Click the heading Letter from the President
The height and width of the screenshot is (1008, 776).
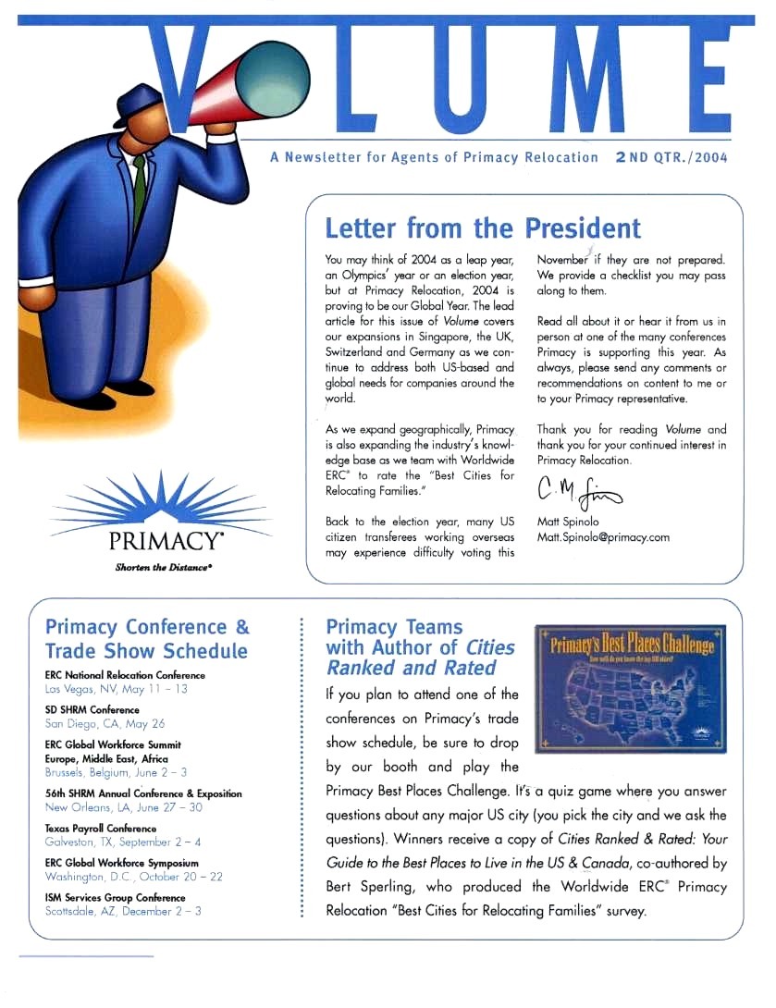coord(482,228)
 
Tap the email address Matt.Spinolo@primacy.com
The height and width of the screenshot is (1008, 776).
coord(603,536)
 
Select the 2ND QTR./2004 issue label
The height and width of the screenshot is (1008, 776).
coord(671,157)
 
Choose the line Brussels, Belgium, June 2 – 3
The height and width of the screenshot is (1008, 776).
coord(116,771)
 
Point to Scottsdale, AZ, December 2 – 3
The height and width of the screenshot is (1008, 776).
coord(123,911)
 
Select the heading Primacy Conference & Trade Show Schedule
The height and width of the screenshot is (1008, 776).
coord(147,639)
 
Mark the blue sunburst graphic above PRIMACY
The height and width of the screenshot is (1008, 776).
coord(160,500)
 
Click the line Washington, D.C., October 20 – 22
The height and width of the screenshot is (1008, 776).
coord(133,876)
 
